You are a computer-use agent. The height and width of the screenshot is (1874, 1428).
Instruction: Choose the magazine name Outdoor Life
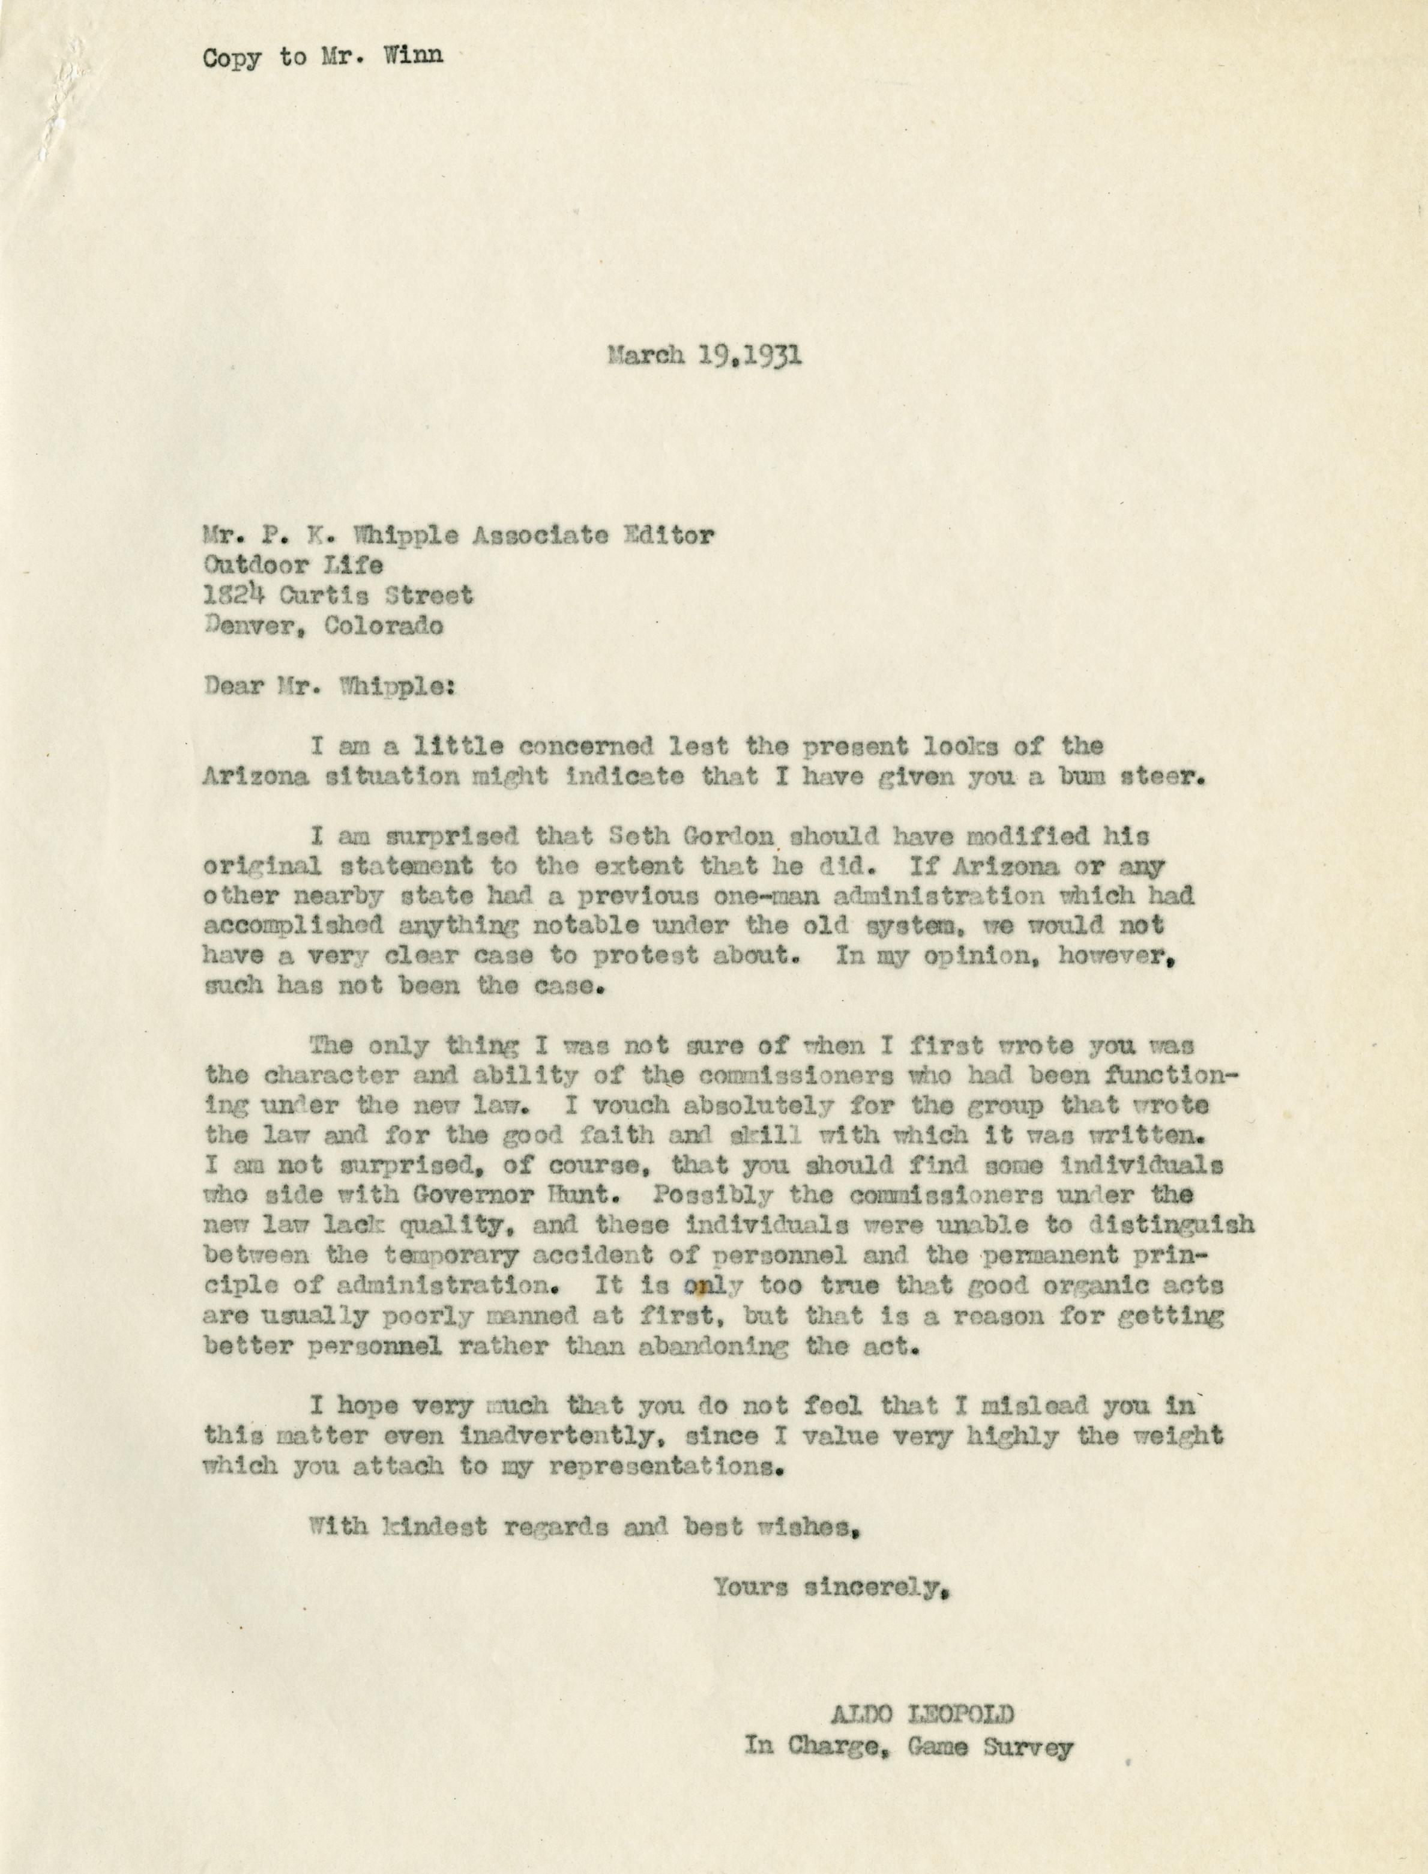292,564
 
